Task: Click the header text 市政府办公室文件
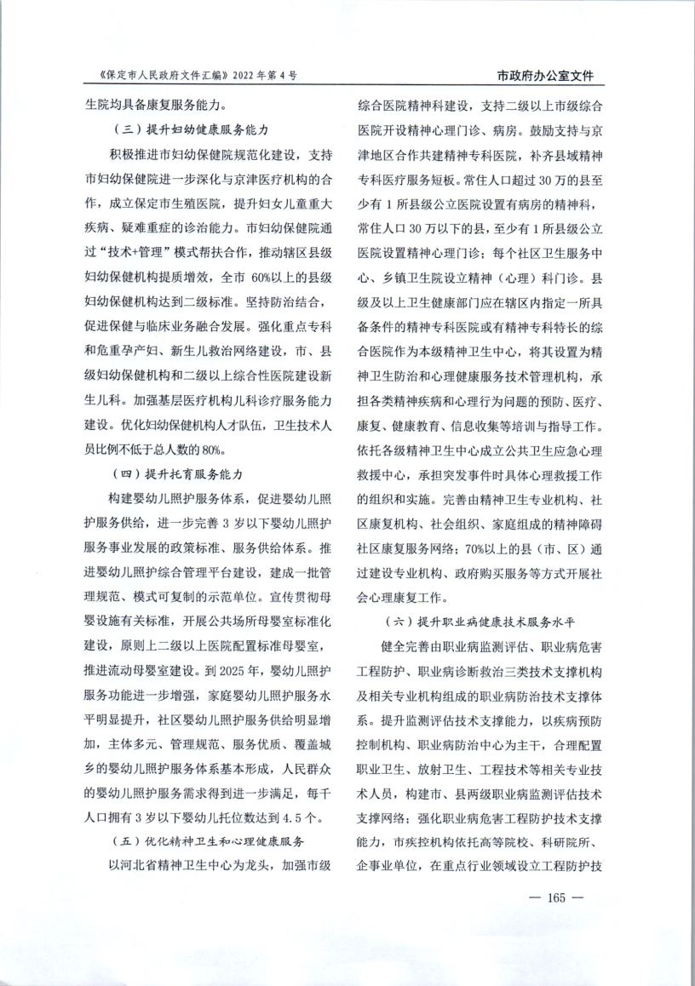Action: (545, 76)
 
